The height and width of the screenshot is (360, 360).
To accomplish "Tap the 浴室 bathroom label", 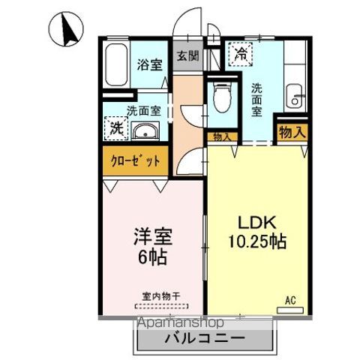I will click(x=149, y=64).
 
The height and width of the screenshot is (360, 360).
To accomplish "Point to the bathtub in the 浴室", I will click(x=116, y=67).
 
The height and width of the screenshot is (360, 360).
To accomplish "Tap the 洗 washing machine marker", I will click(x=116, y=127).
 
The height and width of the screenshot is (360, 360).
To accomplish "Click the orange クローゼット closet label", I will click(x=136, y=160).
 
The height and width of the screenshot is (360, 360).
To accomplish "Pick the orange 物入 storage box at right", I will click(x=292, y=132).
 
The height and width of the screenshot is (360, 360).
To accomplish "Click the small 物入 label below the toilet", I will click(x=221, y=137).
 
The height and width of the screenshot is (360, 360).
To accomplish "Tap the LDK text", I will click(x=258, y=223).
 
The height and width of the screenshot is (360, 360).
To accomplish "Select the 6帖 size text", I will click(x=154, y=257).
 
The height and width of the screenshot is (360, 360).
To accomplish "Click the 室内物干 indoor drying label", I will click(x=161, y=296).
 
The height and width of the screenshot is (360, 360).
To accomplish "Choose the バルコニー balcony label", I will click(x=202, y=339).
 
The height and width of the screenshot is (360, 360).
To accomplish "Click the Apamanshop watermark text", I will click(x=183, y=322).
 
